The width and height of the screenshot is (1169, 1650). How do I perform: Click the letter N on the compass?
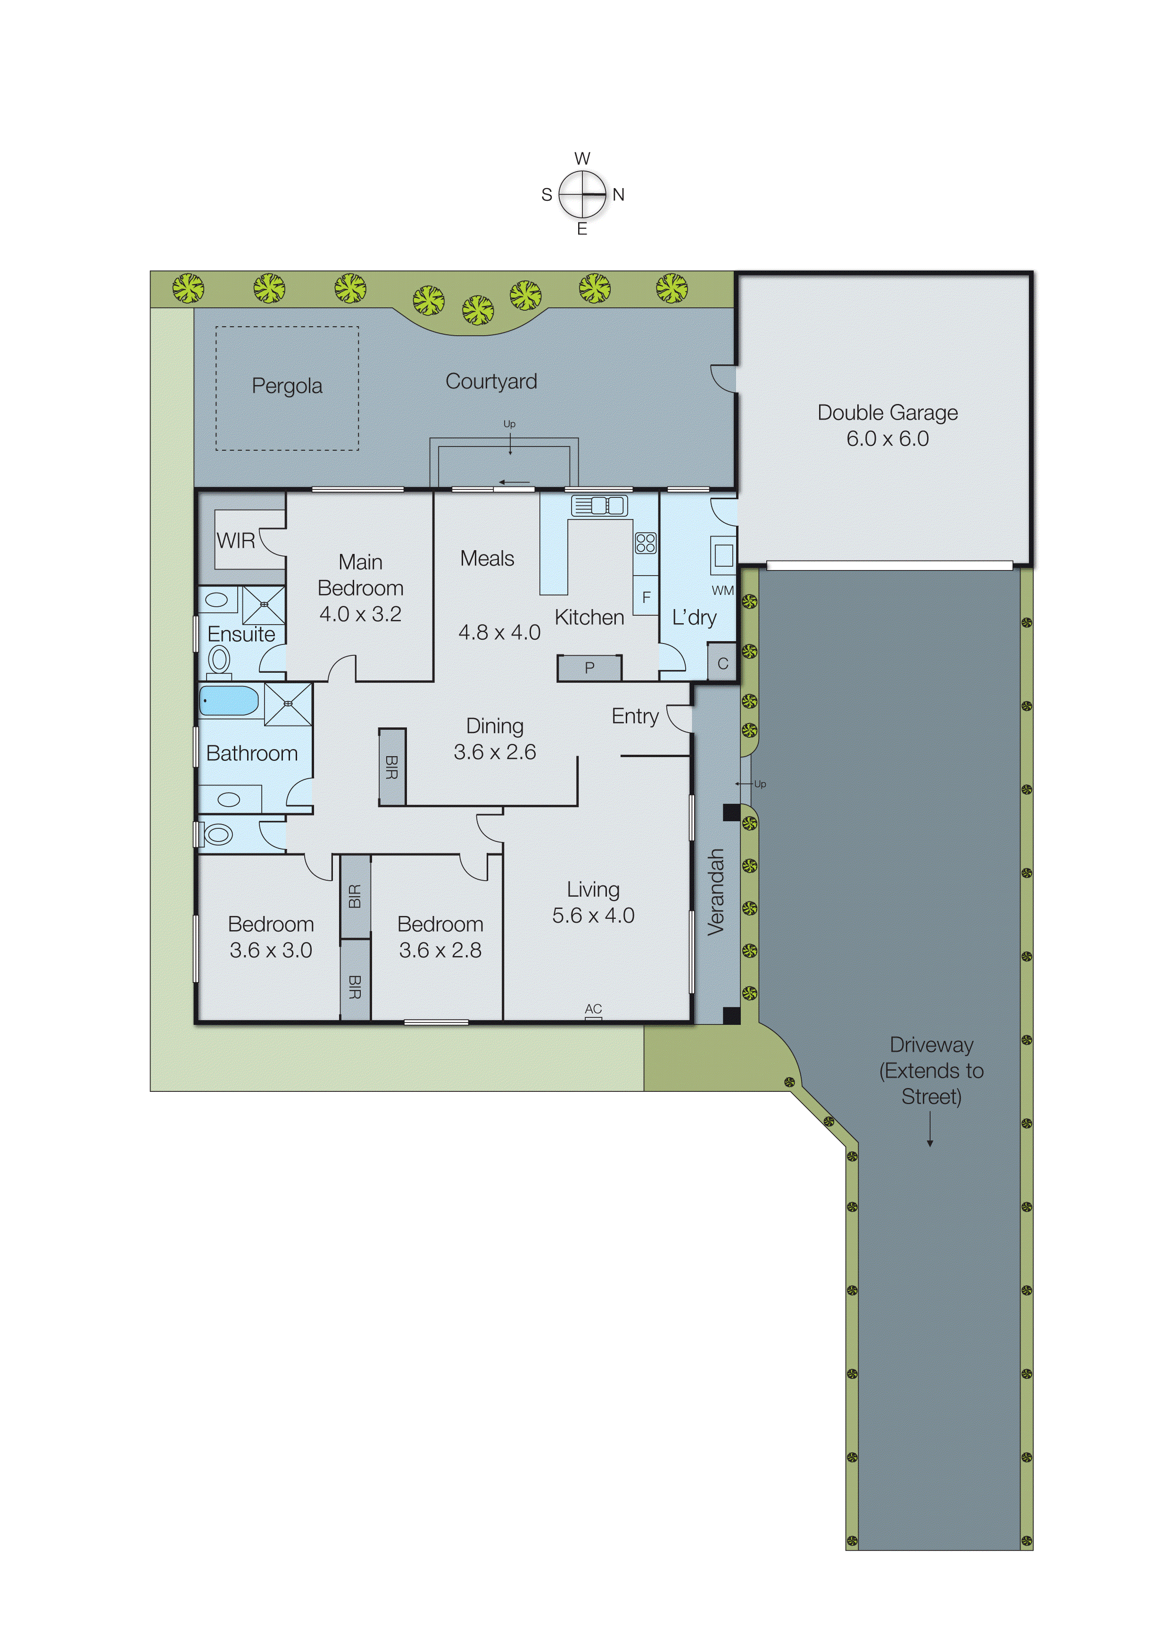pyautogui.click(x=618, y=194)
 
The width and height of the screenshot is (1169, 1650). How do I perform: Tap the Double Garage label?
pyautogui.click(x=887, y=413)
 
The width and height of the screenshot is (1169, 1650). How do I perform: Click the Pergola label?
pyautogui.click(x=287, y=387)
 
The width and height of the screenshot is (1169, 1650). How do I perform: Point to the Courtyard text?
pyautogui.click(x=491, y=381)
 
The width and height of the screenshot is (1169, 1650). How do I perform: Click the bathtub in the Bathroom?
pyautogui.click(x=229, y=700)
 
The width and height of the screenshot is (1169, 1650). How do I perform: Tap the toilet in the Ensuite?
pyautogui.click(x=219, y=659)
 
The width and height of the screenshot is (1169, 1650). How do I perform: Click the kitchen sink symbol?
pyautogui.click(x=599, y=506)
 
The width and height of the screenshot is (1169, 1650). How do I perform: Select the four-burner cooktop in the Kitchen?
pyautogui.click(x=646, y=543)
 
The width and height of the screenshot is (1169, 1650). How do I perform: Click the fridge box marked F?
pyautogui.click(x=646, y=596)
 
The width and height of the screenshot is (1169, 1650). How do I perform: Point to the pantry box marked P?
pyautogui.click(x=589, y=668)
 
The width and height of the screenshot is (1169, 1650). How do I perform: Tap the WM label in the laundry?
pyautogui.click(x=722, y=591)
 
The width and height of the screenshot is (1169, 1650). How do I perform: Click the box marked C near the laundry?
pyautogui.click(x=723, y=663)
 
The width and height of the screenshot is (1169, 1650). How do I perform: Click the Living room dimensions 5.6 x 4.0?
pyautogui.click(x=593, y=916)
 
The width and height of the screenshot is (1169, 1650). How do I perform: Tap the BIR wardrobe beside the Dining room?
pyautogui.click(x=392, y=767)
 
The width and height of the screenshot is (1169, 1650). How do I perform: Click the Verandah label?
pyautogui.click(x=715, y=892)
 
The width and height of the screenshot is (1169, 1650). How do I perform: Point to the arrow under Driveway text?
pyautogui.click(x=929, y=1128)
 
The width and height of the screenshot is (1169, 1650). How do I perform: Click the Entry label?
pyautogui.click(x=635, y=716)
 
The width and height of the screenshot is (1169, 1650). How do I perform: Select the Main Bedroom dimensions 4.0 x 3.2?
pyautogui.click(x=360, y=614)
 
